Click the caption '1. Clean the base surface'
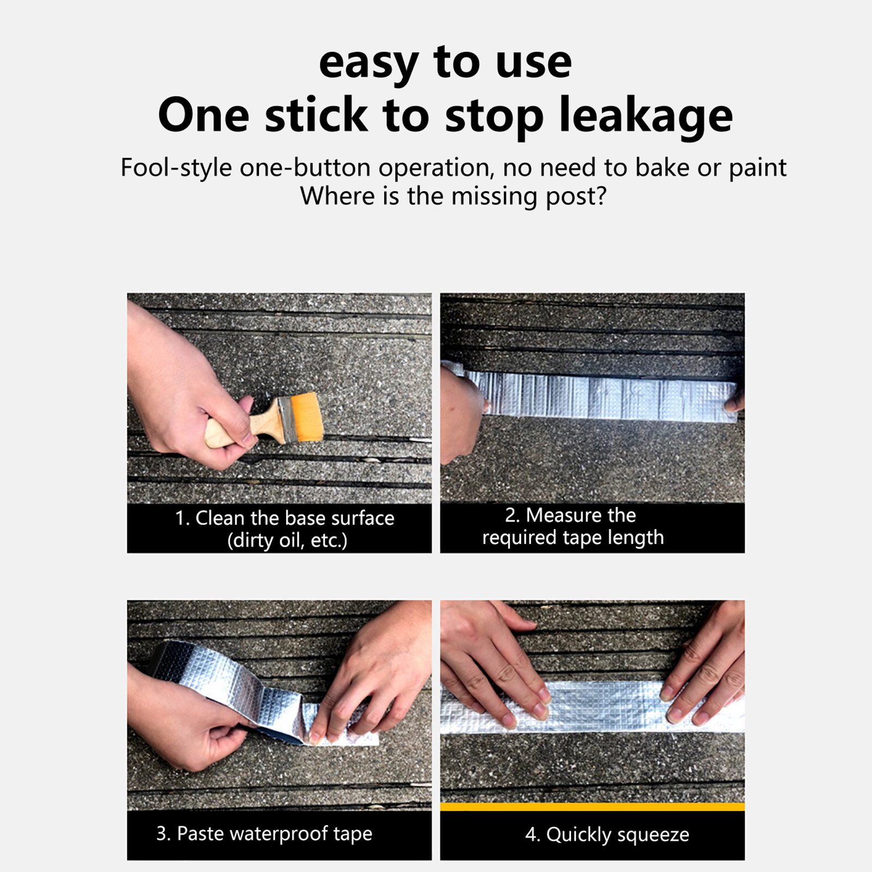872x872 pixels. coord(284,518)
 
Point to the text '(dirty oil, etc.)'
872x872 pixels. coord(287,541)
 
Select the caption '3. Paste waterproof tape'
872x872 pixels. coord(264,834)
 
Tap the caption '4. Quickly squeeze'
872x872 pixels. coord(607,835)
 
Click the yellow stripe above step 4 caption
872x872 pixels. coord(592,807)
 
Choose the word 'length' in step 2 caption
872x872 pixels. coord(636,538)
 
